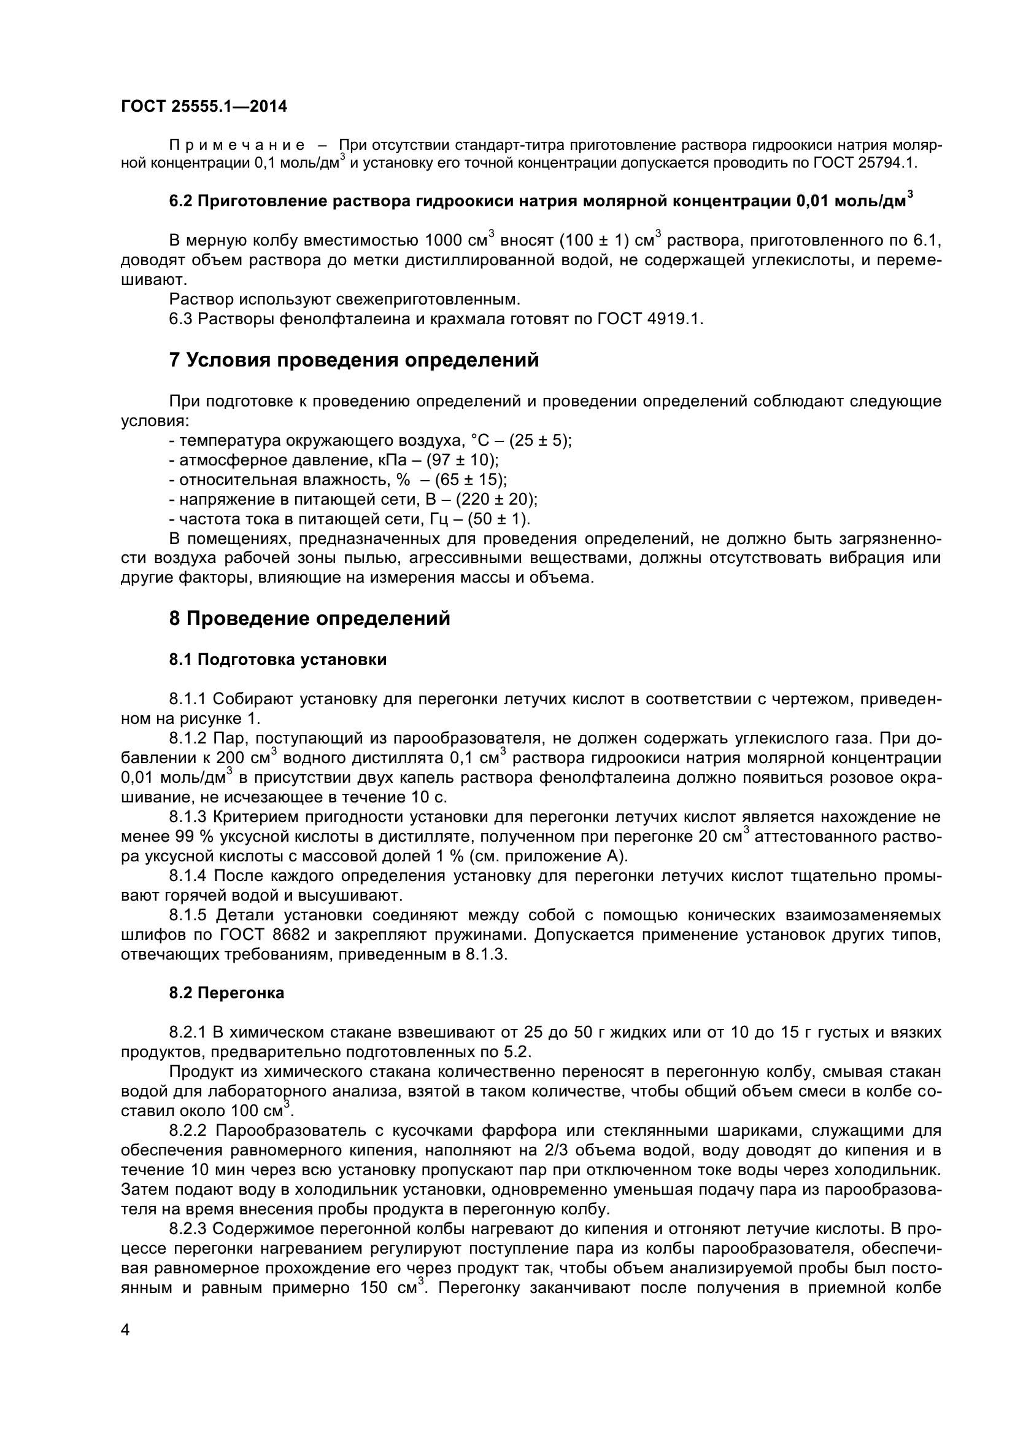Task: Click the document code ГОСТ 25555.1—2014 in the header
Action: pos(204,107)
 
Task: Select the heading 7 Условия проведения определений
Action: pos(353,361)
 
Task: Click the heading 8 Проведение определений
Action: pos(309,619)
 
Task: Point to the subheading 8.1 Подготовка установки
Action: pos(277,660)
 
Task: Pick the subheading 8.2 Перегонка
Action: pos(226,993)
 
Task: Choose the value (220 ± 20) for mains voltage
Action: pos(496,500)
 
